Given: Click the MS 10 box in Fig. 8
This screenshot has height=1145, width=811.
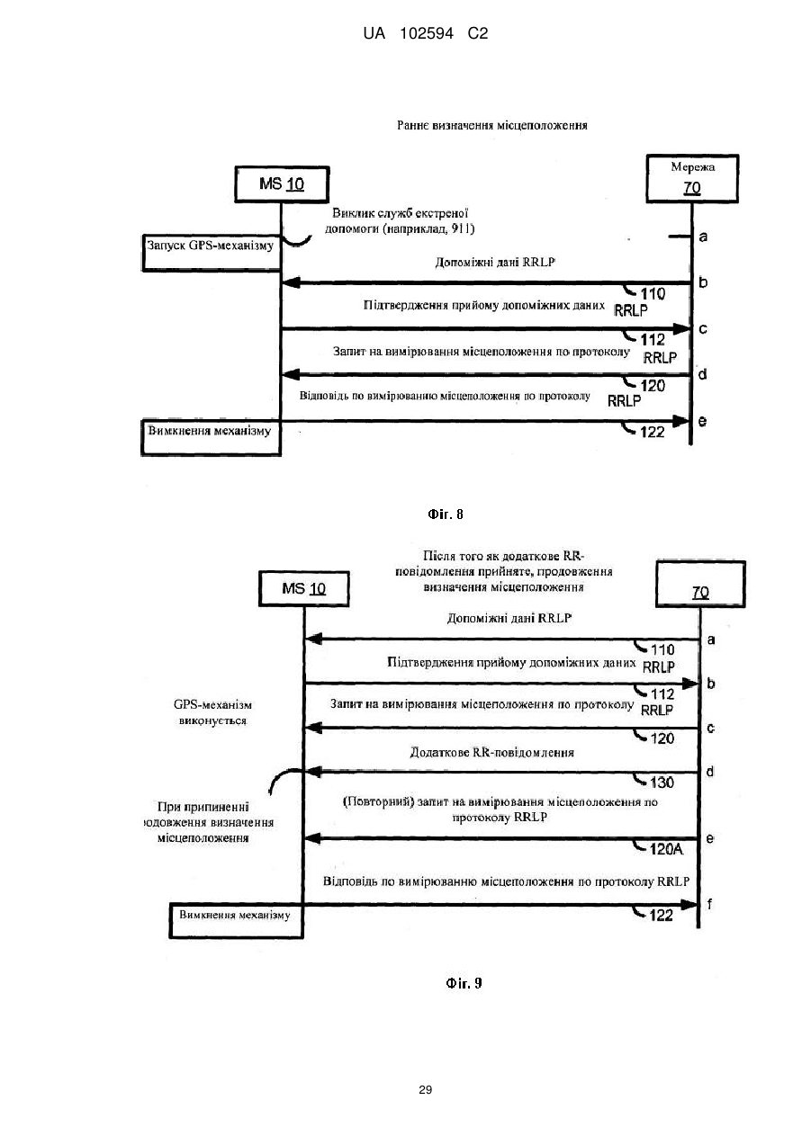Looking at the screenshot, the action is click(x=282, y=184).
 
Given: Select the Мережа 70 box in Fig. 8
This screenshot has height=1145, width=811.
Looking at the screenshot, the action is click(x=692, y=178).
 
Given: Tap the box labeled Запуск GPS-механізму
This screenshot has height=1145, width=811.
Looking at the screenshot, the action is click(x=212, y=253).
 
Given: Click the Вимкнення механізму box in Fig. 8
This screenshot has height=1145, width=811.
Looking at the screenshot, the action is click(x=211, y=437).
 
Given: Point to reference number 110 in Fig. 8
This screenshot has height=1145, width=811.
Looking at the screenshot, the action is click(x=653, y=294).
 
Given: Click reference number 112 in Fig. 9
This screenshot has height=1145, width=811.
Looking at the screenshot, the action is click(x=662, y=694).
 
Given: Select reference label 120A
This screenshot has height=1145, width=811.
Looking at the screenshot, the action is click(x=666, y=849).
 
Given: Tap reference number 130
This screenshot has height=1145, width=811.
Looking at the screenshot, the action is click(x=662, y=783).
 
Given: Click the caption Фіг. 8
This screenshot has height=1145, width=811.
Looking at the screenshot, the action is click(x=446, y=514).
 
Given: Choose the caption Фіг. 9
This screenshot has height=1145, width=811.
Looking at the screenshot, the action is click(x=464, y=983).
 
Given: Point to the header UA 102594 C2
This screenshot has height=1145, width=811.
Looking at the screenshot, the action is click(x=425, y=34).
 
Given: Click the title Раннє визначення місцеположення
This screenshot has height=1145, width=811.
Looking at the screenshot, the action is click(x=492, y=125).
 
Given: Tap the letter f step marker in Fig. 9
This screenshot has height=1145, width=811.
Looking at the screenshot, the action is click(x=709, y=904).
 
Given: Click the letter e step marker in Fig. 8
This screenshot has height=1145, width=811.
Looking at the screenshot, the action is click(x=702, y=421).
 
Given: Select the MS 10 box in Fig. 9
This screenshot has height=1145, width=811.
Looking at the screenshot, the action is click(x=304, y=589).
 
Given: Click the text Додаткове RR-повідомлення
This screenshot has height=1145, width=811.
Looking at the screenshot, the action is click(x=491, y=753).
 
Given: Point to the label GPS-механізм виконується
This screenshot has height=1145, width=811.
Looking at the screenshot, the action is click(x=212, y=712).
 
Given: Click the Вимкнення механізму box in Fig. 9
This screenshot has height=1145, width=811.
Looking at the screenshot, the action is click(x=237, y=920).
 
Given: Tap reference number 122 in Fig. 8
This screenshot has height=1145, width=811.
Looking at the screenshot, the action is click(x=653, y=432).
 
